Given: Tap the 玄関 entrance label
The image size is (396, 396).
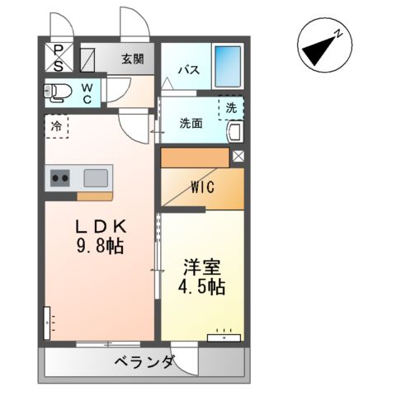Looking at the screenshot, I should click(132, 59).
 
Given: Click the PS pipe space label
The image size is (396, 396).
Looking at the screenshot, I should click(58, 57).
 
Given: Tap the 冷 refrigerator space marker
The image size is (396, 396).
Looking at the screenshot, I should click(56, 127).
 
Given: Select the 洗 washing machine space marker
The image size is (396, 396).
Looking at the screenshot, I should click(231, 107).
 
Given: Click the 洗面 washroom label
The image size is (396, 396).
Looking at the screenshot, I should click(191, 124).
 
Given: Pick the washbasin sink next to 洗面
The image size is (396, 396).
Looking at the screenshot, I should click(233, 131).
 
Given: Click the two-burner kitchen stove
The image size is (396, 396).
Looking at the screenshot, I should click(60, 177).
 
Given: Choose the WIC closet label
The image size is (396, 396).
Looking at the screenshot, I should click(203, 187).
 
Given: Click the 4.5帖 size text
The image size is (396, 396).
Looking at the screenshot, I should click(203, 288).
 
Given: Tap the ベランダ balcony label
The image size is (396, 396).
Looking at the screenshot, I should click(144, 361).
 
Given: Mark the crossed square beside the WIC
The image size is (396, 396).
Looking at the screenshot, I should click(238, 155).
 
